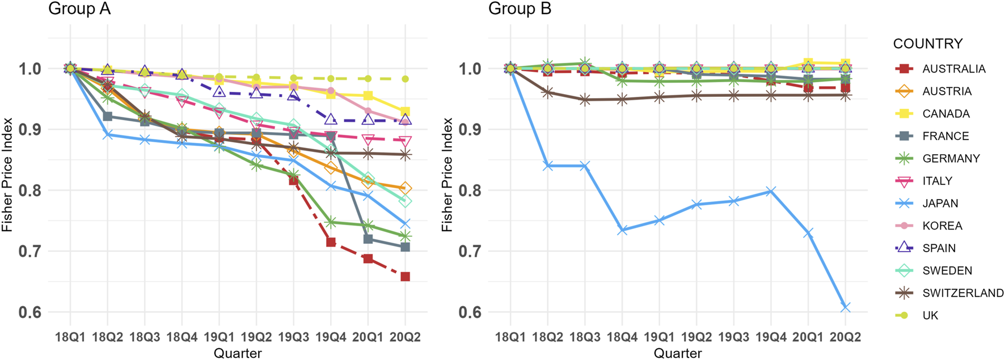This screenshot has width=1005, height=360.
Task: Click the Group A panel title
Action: (79, 9)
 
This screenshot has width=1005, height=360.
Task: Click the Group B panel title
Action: (519, 9)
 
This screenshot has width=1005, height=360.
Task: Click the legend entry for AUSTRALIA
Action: (953, 69)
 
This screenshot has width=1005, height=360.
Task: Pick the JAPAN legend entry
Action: (940, 203)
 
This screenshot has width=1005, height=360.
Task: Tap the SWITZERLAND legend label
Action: (962, 293)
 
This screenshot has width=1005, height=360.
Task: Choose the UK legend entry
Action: (930, 315)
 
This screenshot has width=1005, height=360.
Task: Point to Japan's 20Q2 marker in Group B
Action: (845, 307)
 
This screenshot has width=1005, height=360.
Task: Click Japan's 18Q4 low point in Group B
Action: (622, 230)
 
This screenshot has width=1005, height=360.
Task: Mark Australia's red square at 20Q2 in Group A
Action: (405, 277)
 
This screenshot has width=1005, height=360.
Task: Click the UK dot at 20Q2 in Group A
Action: (405, 79)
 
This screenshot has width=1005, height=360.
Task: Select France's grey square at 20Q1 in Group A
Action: (368, 239)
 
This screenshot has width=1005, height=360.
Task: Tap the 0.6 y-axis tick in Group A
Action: (29, 312)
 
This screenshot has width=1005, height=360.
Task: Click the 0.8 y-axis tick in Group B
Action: (470, 190)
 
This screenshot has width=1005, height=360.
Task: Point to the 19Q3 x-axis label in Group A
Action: (293, 337)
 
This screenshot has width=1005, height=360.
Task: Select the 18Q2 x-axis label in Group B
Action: (547, 337)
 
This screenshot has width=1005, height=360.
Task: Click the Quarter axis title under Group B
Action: (677, 353)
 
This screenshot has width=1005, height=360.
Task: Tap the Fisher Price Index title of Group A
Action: (7, 175)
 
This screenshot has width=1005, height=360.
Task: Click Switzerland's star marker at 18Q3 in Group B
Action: (585, 100)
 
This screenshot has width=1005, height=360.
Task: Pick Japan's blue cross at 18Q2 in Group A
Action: (107, 135)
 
